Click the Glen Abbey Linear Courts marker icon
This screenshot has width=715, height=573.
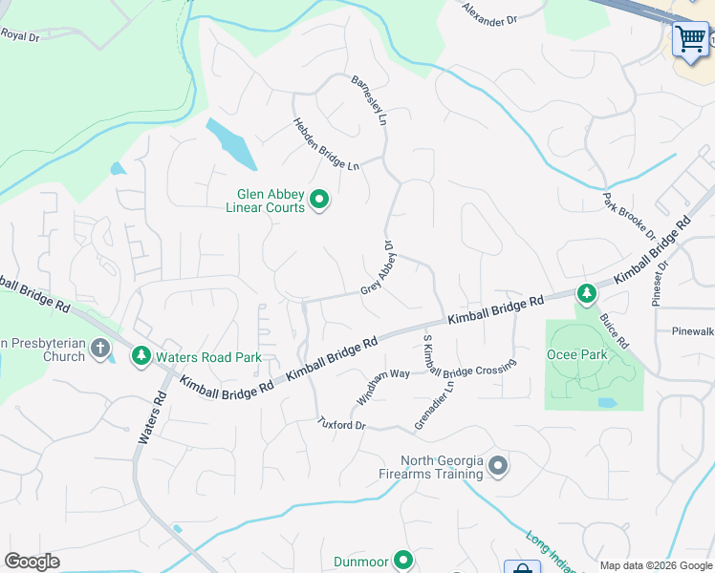[x=319, y=201]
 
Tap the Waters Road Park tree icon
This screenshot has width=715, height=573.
[x=141, y=356]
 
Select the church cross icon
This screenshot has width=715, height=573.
[x=102, y=349]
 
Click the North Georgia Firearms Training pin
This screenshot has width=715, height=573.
[x=497, y=466]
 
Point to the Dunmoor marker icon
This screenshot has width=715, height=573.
[x=403, y=561]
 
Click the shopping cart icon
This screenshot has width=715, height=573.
[x=690, y=39]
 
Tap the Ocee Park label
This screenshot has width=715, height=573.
[x=576, y=353]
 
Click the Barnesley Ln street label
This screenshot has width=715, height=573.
[x=370, y=101]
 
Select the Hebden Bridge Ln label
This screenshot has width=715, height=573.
[x=325, y=144]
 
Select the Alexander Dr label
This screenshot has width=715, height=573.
[x=488, y=13]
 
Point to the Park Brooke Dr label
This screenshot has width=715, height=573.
[x=629, y=216]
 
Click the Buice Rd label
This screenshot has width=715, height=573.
[x=615, y=329]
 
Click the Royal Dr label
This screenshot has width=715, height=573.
[x=19, y=35]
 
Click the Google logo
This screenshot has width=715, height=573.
[x=32, y=562]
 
